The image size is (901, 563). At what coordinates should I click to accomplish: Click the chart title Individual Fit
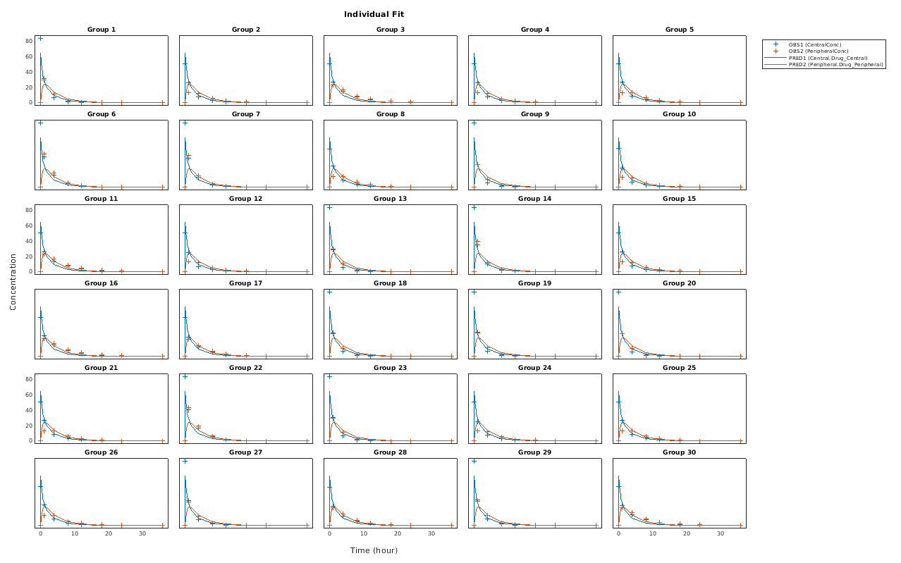coord(374,14)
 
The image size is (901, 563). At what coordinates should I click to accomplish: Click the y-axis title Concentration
coord(13,282)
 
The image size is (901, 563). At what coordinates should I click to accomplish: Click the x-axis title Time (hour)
coord(374,550)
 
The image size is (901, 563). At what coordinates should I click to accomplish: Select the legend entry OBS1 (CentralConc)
coord(815,44)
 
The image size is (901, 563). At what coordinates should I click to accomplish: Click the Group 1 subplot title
coord(102,30)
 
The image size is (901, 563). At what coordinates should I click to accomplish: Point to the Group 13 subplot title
coord(391,199)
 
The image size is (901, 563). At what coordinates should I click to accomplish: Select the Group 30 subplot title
coord(679,452)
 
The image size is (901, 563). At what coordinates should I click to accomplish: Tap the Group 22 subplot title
coord(245,368)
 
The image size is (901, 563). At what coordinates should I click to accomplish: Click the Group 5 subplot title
coord(679,30)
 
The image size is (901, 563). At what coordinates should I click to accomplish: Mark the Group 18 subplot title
coord(391,283)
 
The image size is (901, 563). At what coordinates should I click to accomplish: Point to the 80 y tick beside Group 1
coord(29,41)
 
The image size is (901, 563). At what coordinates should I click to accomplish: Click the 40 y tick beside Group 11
coord(29,241)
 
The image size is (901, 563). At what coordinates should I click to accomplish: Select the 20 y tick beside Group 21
coord(29,426)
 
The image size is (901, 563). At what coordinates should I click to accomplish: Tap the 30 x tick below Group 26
coord(142,534)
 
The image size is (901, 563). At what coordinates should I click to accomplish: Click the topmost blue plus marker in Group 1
coord(41,39)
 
